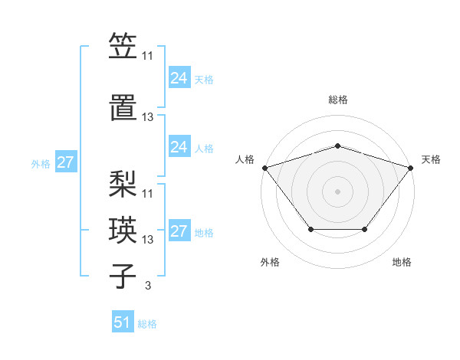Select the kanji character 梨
pyautogui.click(x=123, y=183)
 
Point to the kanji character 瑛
pyautogui.click(x=123, y=229)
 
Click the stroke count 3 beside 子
pyautogui.click(x=148, y=286)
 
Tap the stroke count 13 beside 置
pyautogui.click(x=148, y=117)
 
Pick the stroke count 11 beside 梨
pyautogui.click(x=148, y=193)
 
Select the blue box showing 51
pyautogui.click(x=123, y=322)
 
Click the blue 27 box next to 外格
pyautogui.click(x=65, y=162)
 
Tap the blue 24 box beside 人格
pyautogui.click(x=179, y=147)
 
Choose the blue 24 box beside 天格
pyautogui.click(x=179, y=78)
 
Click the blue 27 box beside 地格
pyautogui.click(x=179, y=231)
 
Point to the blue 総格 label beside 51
pyautogui.click(x=147, y=324)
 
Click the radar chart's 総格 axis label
pyautogui.click(x=338, y=100)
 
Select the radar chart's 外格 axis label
pyautogui.click(x=270, y=262)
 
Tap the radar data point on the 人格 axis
pyautogui.click(x=264, y=168)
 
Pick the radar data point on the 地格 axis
pyautogui.click(x=365, y=229)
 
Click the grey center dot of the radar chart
pyautogui.click(x=338, y=191)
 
